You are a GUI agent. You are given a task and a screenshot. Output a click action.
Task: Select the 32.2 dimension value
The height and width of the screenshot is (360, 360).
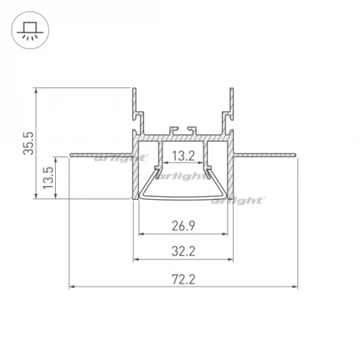pos(183,250)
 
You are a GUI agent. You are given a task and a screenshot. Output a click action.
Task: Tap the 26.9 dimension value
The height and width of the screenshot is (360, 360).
pos(183,226)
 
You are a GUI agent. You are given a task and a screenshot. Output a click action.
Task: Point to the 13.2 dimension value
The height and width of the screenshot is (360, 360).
pos(183,156)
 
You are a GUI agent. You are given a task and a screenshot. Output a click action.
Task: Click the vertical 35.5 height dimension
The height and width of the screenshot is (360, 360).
pos(28,143)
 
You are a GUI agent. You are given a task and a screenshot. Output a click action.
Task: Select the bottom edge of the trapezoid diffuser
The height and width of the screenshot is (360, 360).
pos(183,199)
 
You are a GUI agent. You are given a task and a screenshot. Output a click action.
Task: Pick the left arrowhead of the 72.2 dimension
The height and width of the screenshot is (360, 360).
pos(72,288)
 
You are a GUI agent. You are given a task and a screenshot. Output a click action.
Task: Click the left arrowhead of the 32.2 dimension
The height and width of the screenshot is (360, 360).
pos(136,258)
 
